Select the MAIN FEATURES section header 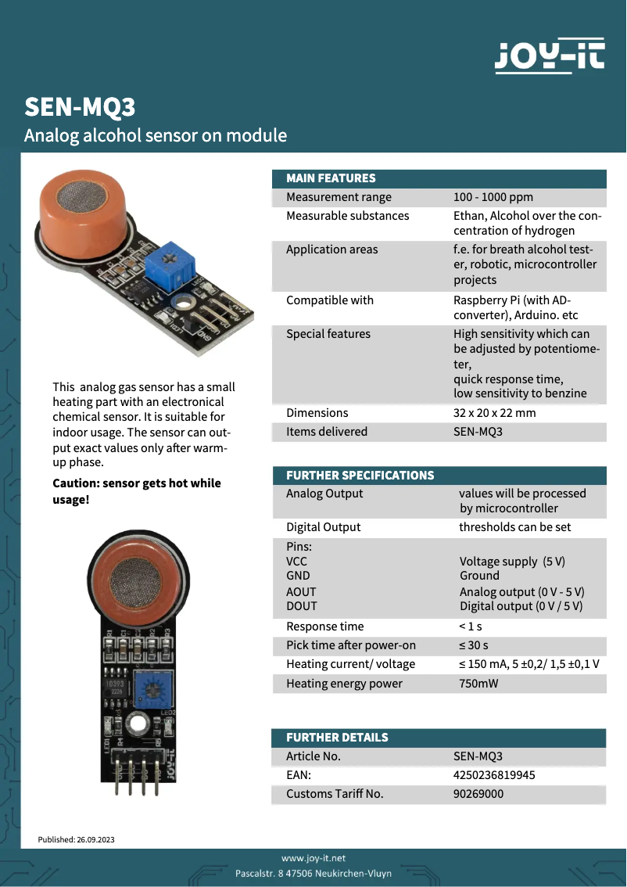(331, 178)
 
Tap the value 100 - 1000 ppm (493, 197)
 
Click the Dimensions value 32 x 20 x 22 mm (494, 413)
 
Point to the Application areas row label (331, 250)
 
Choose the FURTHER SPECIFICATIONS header (360, 476)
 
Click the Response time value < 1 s (471, 627)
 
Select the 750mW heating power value (478, 684)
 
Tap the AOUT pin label (301, 592)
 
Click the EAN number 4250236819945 (494, 775)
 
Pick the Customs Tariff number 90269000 (478, 794)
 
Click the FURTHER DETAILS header (337, 738)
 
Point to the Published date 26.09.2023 (77, 840)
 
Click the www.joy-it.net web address (313, 858)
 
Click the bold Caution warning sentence (137, 491)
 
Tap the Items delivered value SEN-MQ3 (478, 432)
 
